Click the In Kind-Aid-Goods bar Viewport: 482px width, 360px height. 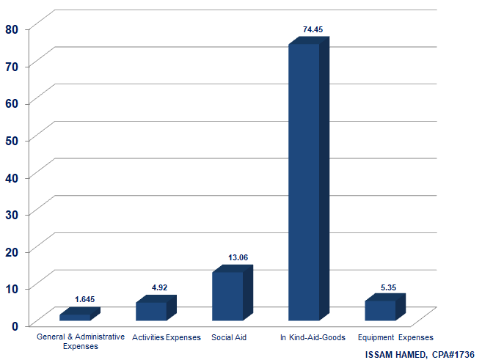point(304,183)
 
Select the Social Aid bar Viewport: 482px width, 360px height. point(227,296)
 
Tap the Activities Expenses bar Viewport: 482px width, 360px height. point(151,311)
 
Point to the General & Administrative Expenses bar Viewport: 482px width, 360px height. point(75,317)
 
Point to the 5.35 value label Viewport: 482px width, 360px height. point(388,287)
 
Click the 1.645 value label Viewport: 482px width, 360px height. point(85,299)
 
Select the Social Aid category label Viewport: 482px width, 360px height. point(228,338)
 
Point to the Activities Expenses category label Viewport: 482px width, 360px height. point(167,338)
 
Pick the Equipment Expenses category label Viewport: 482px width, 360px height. point(395,338)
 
